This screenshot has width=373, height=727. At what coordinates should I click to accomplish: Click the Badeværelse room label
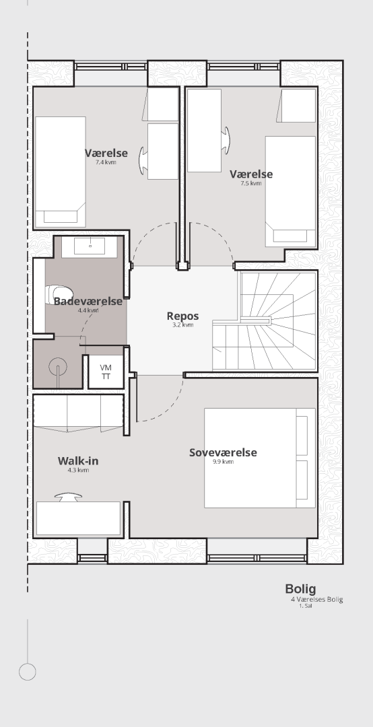[x=88, y=302]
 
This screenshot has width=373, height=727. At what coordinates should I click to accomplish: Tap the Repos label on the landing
[x=182, y=316]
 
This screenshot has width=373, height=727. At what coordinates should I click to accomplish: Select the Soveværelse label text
[x=223, y=452]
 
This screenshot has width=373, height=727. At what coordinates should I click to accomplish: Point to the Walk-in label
[x=78, y=461]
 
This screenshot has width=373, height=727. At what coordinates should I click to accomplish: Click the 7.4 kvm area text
[x=106, y=162]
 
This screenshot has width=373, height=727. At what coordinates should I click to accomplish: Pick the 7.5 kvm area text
[x=250, y=183]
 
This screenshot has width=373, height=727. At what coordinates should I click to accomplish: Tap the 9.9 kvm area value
[x=223, y=462]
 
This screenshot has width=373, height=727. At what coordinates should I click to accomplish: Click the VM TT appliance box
[x=106, y=372]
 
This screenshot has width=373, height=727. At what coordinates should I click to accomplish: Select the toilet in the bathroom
[x=59, y=295]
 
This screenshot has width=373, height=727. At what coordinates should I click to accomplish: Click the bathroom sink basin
[x=90, y=246]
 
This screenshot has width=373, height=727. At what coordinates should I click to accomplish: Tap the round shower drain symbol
[x=57, y=367]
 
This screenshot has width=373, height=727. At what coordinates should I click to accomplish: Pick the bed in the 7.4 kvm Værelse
[x=61, y=172]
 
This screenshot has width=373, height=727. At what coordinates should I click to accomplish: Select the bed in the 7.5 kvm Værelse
[x=290, y=191]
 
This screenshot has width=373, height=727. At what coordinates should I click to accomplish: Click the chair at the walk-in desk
[x=68, y=497]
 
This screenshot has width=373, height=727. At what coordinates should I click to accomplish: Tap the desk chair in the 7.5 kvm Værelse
[x=226, y=140]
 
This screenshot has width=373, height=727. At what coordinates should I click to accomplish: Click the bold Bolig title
[x=301, y=589]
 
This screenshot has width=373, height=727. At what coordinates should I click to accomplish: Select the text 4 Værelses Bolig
[x=317, y=600]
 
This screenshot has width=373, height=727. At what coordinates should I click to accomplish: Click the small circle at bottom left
[x=28, y=663]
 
